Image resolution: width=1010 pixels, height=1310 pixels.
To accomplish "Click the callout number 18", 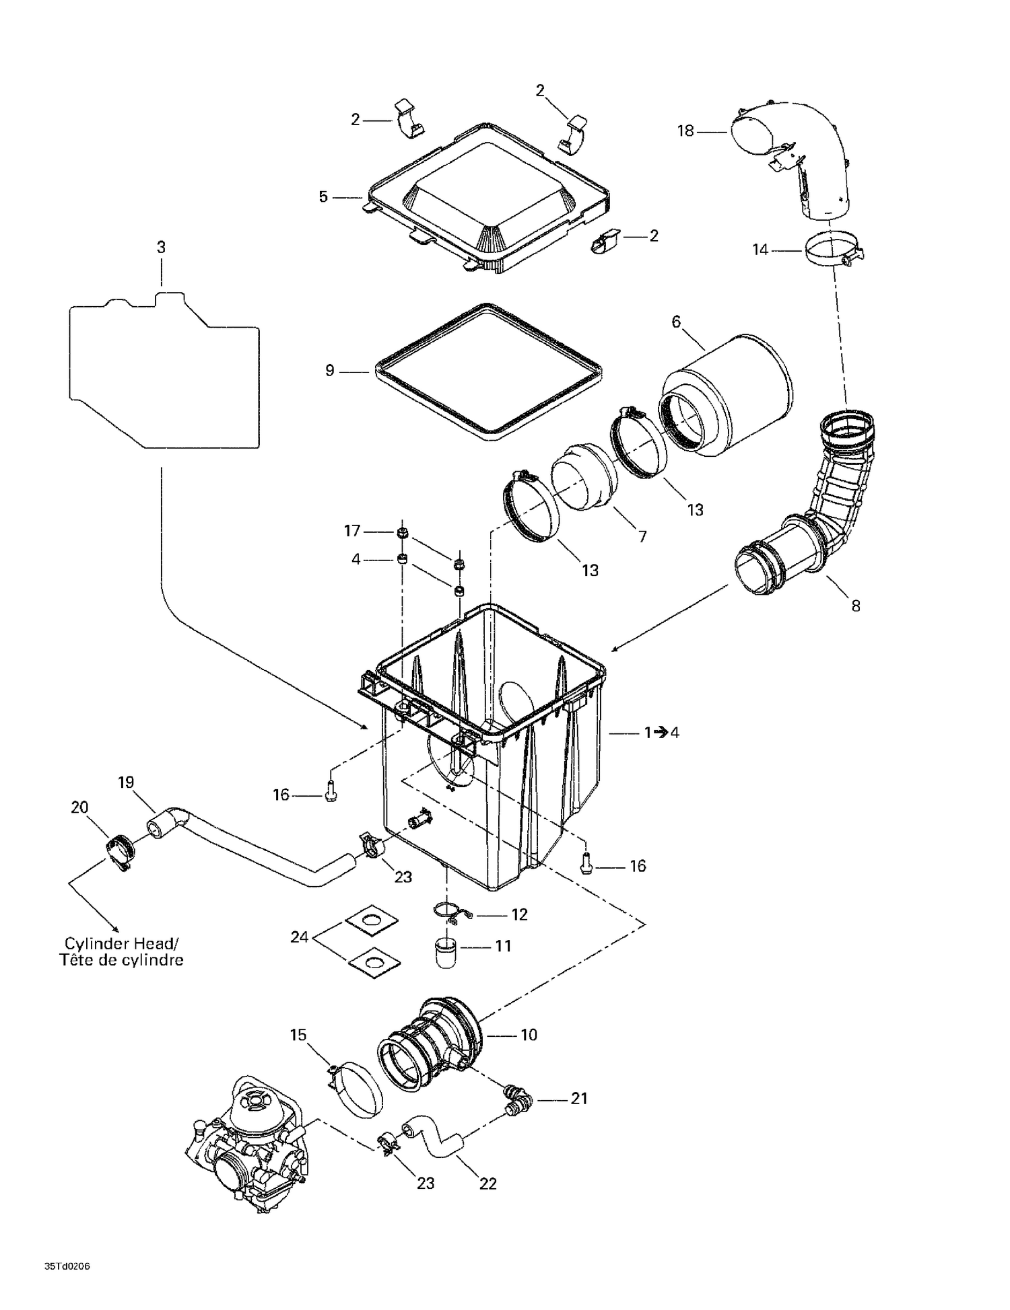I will (x=685, y=131).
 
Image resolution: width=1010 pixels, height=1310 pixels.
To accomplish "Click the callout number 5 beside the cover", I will (x=323, y=196).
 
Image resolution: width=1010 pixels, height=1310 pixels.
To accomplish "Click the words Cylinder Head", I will (x=120, y=943).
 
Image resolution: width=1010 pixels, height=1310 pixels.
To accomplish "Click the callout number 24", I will (x=299, y=937).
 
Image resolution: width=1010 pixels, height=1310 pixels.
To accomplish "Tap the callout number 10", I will (x=529, y=1035).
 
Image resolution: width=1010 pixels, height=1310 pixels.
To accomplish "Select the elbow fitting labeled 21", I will (x=518, y=1098).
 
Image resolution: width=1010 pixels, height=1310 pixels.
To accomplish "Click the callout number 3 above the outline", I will (x=161, y=247).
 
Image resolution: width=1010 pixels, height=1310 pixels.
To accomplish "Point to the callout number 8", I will (x=855, y=606).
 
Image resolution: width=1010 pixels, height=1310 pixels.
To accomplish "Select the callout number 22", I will (x=487, y=1184).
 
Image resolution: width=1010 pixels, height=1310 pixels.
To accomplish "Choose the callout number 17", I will (x=352, y=531).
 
